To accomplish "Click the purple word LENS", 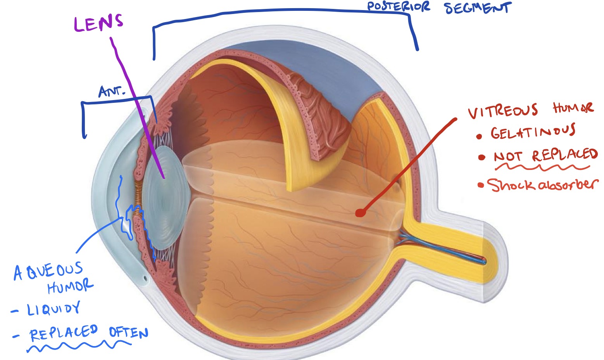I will [98, 23].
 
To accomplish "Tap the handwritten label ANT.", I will [112, 92].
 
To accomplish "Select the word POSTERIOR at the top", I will [398, 7].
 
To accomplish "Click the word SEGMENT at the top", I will [478, 8].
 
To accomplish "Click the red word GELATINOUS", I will [533, 133].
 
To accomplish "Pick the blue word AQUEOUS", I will [48, 271].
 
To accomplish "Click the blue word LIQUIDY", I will [53, 309].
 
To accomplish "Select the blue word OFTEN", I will [128, 332].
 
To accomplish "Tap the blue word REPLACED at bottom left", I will [64, 333].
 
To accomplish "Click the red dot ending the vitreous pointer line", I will [360, 213].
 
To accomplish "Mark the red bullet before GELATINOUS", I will [479, 136].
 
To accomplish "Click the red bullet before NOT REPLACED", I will [481, 157].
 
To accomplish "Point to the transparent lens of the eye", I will [165, 198].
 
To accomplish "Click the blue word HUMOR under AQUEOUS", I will [70, 287].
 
